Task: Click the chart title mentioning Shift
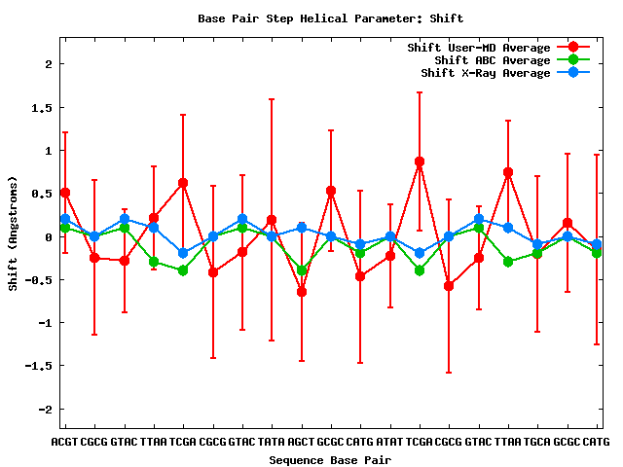[330, 18]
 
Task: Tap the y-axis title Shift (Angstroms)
[13, 233]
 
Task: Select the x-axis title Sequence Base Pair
[330, 458]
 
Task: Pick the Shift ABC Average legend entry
[493, 60]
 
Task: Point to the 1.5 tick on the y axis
[41, 108]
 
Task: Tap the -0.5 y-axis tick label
[38, 280]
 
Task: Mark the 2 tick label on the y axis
[47, 64]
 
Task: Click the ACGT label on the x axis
[65, 442]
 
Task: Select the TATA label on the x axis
[272, 442]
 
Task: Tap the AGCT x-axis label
[302, 442]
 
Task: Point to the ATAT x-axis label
[390, 442]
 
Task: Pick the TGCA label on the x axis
[537, 442]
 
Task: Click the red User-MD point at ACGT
[65, 193]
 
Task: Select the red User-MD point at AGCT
[302, 292]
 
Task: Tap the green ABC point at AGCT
[302, 270]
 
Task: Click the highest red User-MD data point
[420, 162]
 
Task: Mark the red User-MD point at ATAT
[390, 256]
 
